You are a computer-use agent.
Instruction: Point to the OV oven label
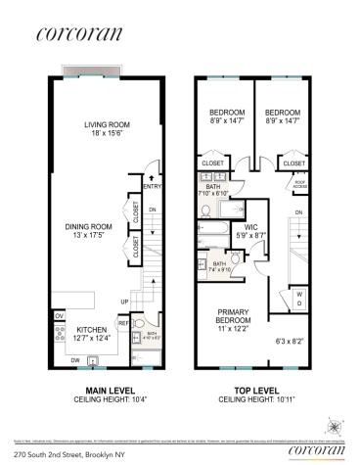coord(59,316)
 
